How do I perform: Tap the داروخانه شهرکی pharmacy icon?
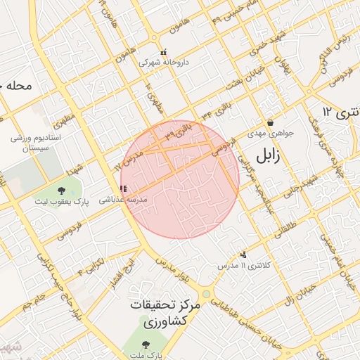coord(164,52)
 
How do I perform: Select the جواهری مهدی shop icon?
coord(270,122)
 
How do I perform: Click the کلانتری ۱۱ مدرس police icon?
coord(243,255)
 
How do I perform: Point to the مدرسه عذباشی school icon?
coord(124,188)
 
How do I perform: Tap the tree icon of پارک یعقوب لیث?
coord(60,191)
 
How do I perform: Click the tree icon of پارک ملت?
coord(146,345)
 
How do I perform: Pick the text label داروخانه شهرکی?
coord(164,63)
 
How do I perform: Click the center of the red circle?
coord(180,179)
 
